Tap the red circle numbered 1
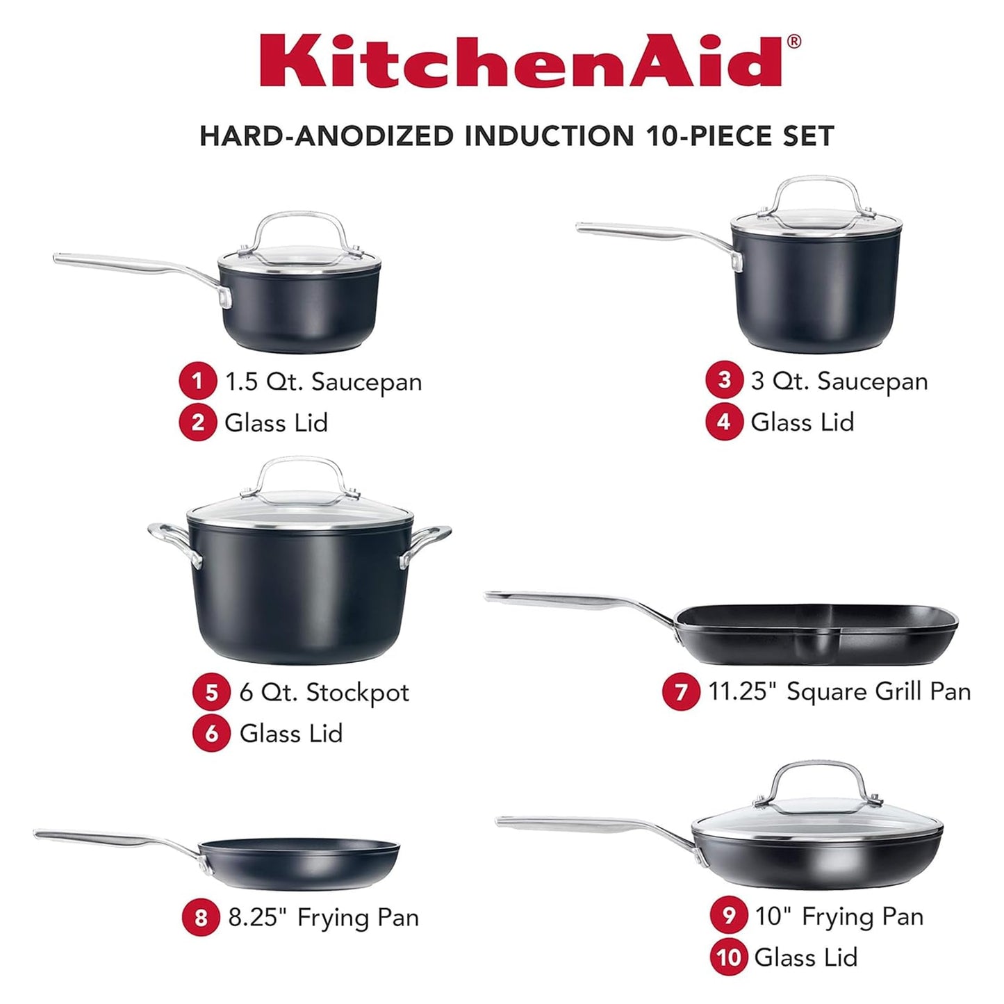(197, 381)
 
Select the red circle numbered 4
(724, 422)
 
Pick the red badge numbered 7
(681, 691)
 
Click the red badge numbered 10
(729, 957)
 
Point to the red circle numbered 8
(201, 918)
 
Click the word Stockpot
(358, 693)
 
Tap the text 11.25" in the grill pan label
(743, 691)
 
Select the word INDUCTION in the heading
(549, 135)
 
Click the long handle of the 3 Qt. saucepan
(646, 231)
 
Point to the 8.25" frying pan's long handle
(111, 837)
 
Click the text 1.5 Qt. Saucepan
(323, 381)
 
